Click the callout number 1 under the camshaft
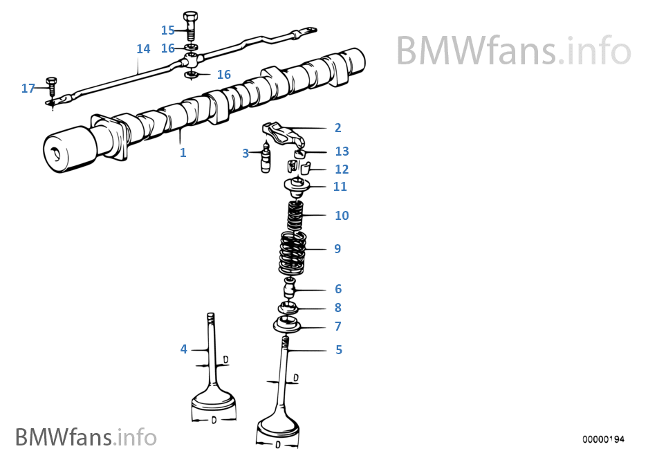pos(183,153)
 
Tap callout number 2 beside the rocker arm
pos(337,128)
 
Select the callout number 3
pos(245,154)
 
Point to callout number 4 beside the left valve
pos(184,349)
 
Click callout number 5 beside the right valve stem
pos(339,350)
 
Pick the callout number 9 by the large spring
pos(337,249)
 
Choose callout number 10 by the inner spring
pos(342,216)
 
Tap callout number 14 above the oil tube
pos(143,49)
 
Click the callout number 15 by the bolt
pos(168,30)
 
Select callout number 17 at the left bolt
pos(28,89)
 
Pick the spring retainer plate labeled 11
pos(298,185)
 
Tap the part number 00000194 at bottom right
pos(603,439)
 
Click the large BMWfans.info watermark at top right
pos(513,50)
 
